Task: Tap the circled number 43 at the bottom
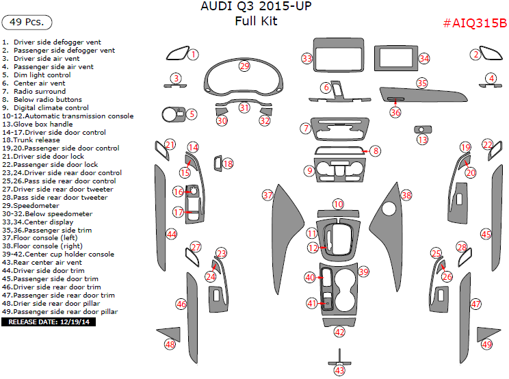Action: (339, 370)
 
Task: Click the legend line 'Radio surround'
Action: (40, 91)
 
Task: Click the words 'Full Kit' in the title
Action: (255, 21)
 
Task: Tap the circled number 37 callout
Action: (267, 195)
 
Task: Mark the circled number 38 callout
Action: (406, 195)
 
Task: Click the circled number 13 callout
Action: (422, 140)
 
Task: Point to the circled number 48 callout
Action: (170, 345)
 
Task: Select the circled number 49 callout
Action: (486, 345)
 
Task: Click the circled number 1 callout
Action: (194, 54)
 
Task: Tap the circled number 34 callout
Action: (424, 59)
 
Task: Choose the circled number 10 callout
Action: (338, 204)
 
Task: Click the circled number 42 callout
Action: (339, 332)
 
